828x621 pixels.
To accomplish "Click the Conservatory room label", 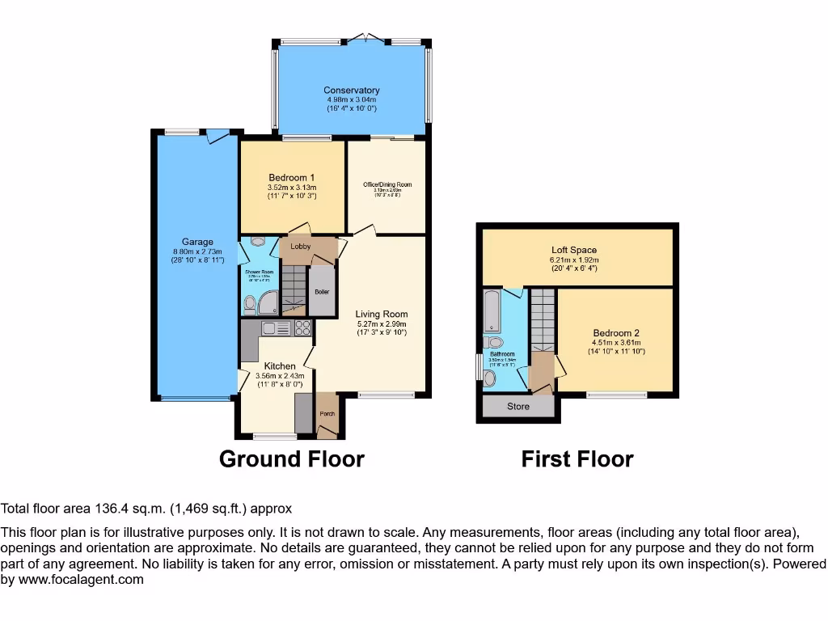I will click(351, 91).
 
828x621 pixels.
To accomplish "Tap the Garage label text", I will click(197, 242).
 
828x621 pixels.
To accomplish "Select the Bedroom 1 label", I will click(292, 178).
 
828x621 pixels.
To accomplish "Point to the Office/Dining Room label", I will click(387, 184).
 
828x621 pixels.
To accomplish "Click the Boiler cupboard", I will click(322, 289).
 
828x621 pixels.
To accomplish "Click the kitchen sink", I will click(275, 327).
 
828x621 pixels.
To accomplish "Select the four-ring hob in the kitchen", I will click(302, 327).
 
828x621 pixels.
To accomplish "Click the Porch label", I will click(327, 414).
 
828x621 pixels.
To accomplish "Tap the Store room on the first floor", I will click(518, 406).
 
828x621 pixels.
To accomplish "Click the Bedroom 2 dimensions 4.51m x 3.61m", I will click(615, 342).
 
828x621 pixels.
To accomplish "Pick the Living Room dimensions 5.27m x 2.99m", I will click(382, 323).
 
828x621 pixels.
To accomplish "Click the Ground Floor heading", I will click(292, 459).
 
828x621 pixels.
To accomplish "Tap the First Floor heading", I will click(577, 459).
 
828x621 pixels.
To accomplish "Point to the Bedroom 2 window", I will click(616, 395).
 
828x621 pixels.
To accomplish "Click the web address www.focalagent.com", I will click(81, 579).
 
